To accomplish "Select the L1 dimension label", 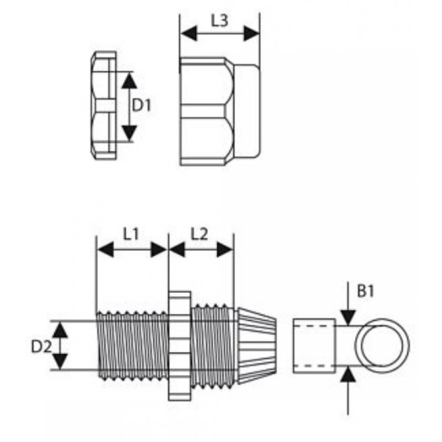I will pos(130,234).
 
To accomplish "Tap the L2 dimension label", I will pos(199,234).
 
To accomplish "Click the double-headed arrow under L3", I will pos(220,34).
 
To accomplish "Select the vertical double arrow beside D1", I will pos(129,106).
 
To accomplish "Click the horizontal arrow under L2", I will pos(201,250).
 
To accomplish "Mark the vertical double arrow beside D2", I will pos(60,346).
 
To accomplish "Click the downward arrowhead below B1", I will pos(348,316).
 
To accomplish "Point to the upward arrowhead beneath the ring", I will pos(348,376).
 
